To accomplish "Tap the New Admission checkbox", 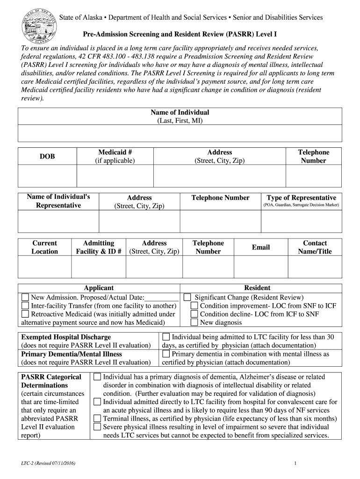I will click(25, 298).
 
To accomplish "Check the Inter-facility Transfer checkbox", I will click(25, 306).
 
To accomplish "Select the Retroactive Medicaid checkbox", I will click(25, 314).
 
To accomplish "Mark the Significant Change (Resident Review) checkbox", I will click(187, 298).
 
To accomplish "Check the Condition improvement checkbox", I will click(194, 306).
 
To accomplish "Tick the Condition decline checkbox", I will click(194, 314).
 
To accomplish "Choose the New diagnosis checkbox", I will click(194, 323).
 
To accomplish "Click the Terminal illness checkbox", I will click(97, 419).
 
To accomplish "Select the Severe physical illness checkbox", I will click(97, 427).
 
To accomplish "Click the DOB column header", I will click(47, 157).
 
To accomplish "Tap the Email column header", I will click(261, 247).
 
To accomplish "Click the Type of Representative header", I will click(301, 198).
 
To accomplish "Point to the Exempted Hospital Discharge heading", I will click(66, 337).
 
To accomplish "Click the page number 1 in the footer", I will click(296, 463).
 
